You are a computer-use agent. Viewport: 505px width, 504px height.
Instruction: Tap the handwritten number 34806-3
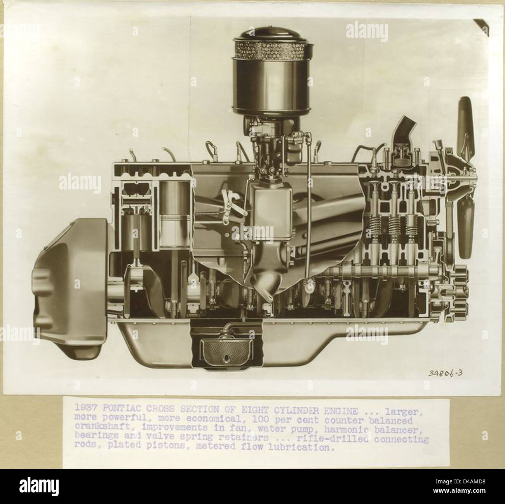point(445,374)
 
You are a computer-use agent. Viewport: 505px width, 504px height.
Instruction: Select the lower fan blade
point(465,226)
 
